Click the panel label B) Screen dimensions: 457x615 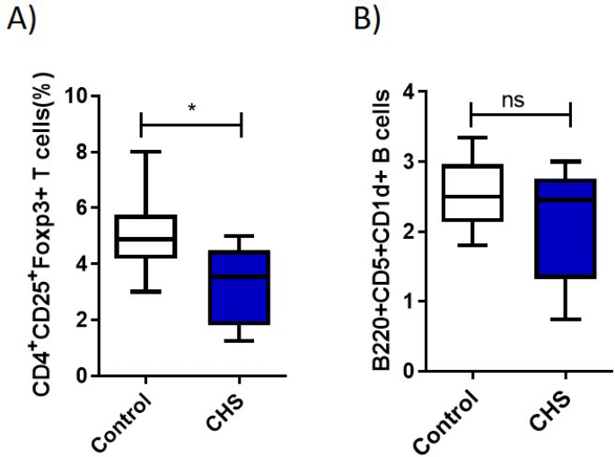[367, 20]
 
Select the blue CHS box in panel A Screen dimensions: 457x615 [240, 287]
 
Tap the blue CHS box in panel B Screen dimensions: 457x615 [565, 229]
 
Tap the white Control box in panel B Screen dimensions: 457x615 [472, 192]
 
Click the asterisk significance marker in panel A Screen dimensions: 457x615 [191, 108]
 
